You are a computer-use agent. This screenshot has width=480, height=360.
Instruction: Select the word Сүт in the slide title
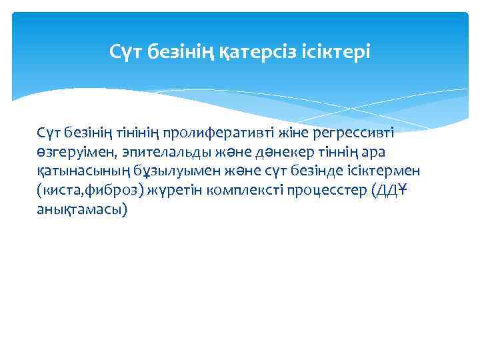click(x=123, y=51)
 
